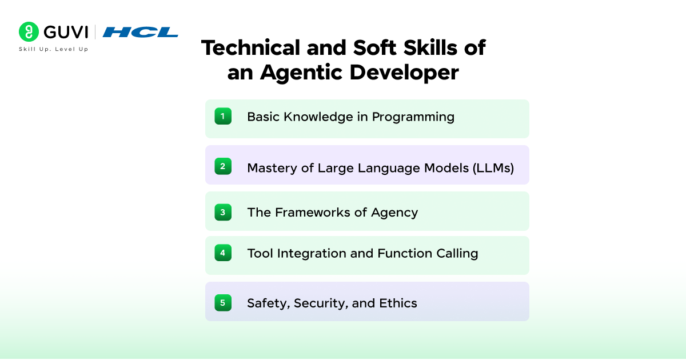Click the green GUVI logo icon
[x=29, y=32]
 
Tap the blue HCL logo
[x=140, y=32]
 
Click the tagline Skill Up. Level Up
[x=54, y=49]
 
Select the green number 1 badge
[x=223, y=117]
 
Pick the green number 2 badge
[x=223, y=166]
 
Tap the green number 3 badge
[x=223, y=212]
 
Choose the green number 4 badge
[x=223, y=253]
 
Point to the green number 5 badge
[x=223, y=302]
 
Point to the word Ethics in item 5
[x=398, y=303]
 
